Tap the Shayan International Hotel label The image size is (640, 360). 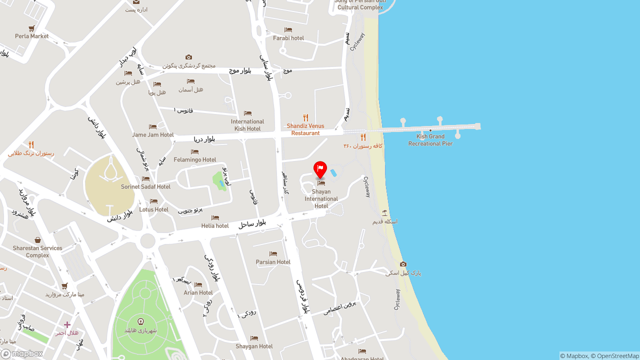pyautogui.click(x=321, y=198)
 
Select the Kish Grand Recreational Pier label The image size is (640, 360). pyautogui.click(x=430, y=140)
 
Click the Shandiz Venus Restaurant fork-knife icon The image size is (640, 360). pyautogui.click(x=305, y=118)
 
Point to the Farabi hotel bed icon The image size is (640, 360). pyautogui.click(x=288, y=30)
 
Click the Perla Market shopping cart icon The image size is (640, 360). pyautogui.click(x=32, y=28)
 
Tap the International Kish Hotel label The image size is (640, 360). pyautogui.click(x=247, y=125)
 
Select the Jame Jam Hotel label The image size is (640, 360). pyautogui.click(x=153, y=134)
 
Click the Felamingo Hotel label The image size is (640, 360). pyautogui.click(x=195, y=159)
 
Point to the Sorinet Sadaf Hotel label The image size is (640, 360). pyautogui.click(x=145, y=186)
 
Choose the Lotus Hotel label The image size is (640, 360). pyautogui.click(x=154, y=209)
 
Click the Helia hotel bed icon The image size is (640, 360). pyautogui.click(x=215, y=218)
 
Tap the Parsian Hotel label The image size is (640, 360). pyautogui.click(x=273, y=262)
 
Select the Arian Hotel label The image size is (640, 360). pyautogui.click(x=198, y=292)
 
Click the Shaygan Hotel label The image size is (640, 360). pyautogui.click(x=254, y=346)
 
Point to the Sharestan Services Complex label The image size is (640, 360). pyautogui.click(x=37, y=251)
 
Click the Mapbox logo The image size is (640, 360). pyautogui.click(x=22, y=353)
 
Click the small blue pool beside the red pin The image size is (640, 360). pyautogui.click(x=333, y=173)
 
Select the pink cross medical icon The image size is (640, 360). pyautogui.click(x=67, y=325)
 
